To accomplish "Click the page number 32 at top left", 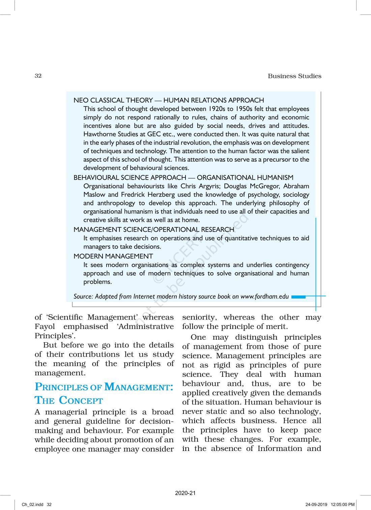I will pyautogui.click(x=38, y=76).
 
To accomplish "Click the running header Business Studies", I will pyautogui.click(x=294, y=76).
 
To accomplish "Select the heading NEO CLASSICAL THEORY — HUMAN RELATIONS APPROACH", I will pyautogui.click(x=169, y=100).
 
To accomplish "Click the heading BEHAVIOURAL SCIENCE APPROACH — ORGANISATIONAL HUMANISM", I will pyautogui.click(x=183, y=177).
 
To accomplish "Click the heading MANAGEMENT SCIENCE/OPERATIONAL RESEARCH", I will pyautogui.click(x=153, y=230).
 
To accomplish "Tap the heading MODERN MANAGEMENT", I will pyautogui.click(x=113, y=256).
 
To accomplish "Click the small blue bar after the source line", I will pyautogui.click(x=298, y=297).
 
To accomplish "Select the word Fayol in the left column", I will pyautogui.click(x=45, y=327).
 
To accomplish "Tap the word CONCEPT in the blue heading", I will pyautogui.click(x=81, y=400).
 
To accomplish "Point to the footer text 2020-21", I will pyautogui.click(x=185, y=493).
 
